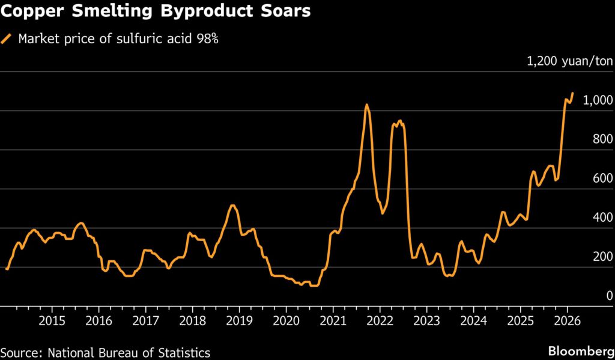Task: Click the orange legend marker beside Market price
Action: coord(7,39)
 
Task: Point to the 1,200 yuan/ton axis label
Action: coord(569,61)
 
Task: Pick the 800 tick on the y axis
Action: coord(601,139)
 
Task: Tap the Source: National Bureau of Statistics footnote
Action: coord(105,351)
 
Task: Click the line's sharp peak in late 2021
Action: coord(366,105)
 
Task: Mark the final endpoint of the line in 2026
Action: coord(572,93)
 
